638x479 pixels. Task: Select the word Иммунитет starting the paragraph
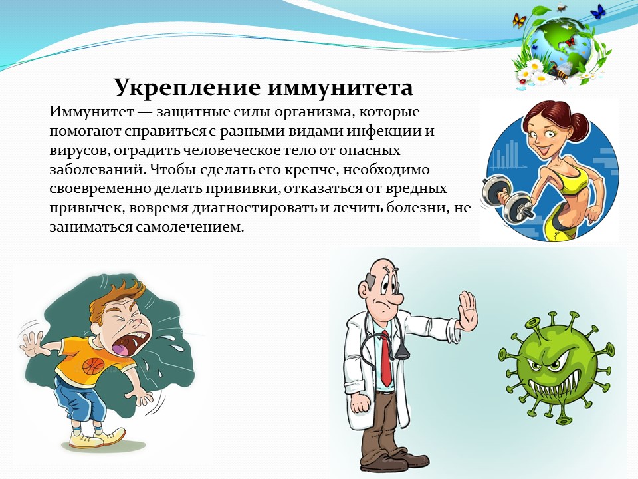(92, 112)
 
